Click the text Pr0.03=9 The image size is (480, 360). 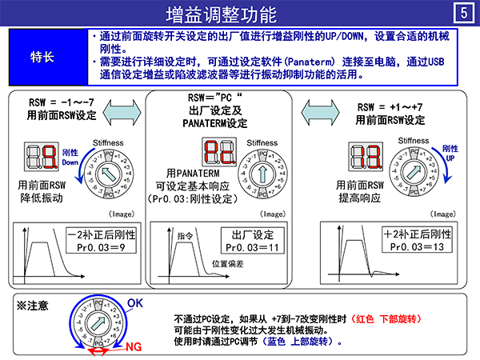click(x=102, y=248)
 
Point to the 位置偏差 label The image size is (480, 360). click(x=227, y=263)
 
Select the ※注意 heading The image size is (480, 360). click(x=33, y=305)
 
